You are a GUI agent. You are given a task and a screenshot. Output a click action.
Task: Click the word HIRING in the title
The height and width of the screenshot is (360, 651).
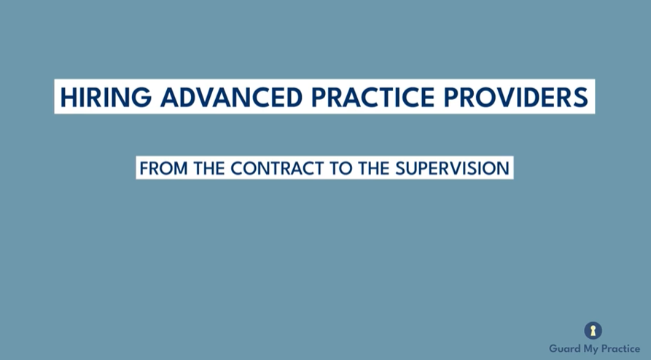pos(97,97)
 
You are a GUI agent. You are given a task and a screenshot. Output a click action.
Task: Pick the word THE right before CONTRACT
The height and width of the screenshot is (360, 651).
pos(207,168)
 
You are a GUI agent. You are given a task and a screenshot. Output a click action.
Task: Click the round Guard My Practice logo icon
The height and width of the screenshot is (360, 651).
pos(593,331)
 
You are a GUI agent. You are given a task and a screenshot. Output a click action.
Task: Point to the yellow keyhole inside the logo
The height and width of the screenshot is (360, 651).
pos(593,331)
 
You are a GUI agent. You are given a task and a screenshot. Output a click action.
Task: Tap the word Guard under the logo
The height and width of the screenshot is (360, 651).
pos(564,348)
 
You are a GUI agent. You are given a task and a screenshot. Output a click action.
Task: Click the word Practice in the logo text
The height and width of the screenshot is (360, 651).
pos(620,348)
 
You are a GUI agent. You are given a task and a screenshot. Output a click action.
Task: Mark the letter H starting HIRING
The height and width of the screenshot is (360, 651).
pos(68,97)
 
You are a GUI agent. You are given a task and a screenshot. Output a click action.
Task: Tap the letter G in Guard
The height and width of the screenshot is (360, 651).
pos(553,348)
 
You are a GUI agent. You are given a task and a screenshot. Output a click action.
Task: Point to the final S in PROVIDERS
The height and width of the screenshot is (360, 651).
pos(581,97)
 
